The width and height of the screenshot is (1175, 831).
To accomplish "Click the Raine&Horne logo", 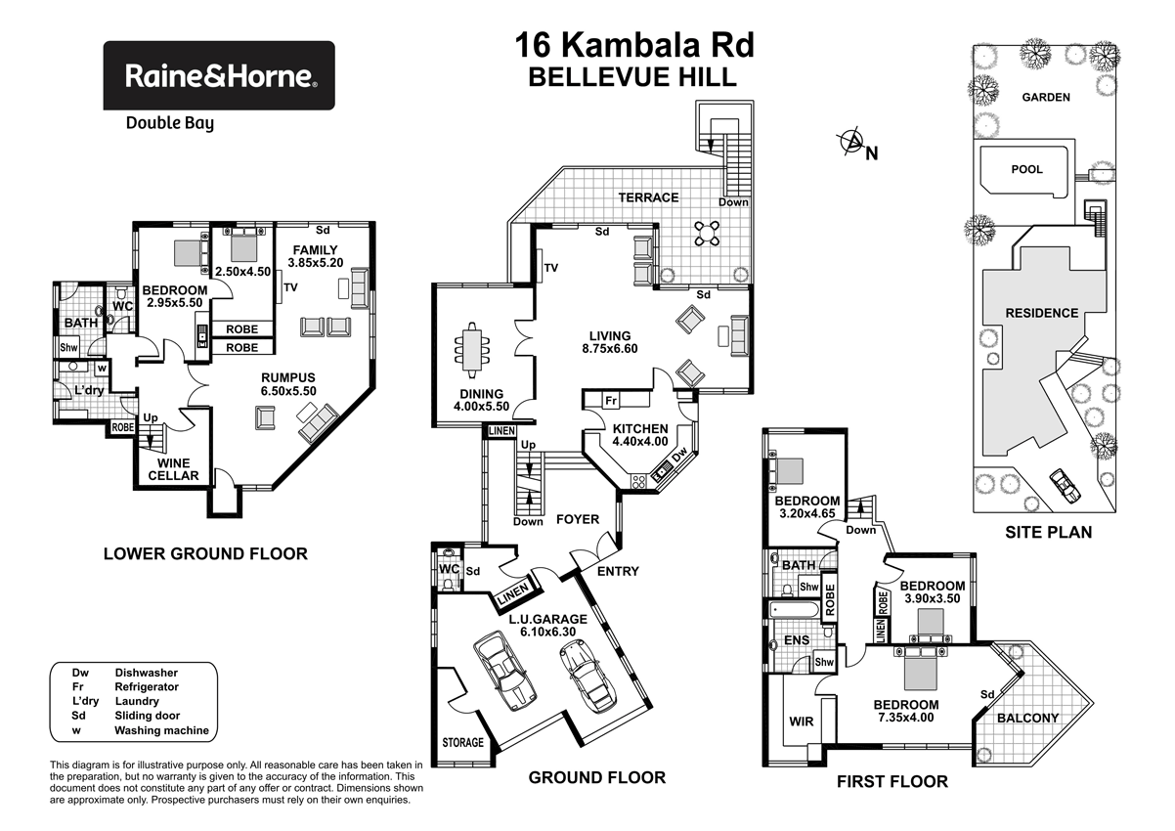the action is [x=219, y=74].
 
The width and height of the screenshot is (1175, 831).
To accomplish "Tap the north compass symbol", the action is [x=852, y=145].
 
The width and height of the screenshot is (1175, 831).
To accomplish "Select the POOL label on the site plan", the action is [x=1025, y=169].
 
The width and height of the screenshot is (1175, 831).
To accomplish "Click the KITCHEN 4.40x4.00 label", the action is [x=639, y=435].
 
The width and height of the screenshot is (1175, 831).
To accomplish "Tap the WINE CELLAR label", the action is [x=174, y=469].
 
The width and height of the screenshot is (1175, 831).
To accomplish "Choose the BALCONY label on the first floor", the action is [x=1026, y=718].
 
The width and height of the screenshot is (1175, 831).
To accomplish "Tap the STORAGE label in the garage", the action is [x=462, y=742].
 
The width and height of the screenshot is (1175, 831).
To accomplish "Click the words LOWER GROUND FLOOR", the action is [x=205, y=553].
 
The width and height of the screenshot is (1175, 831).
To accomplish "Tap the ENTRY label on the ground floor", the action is [x=617, y=571].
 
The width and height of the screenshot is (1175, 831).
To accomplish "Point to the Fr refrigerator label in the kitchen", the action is [x=611, y=401].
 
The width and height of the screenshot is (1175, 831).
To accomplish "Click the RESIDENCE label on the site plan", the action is [x=1041, y=313].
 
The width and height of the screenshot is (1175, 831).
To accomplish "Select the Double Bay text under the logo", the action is [x=169, y=123].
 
